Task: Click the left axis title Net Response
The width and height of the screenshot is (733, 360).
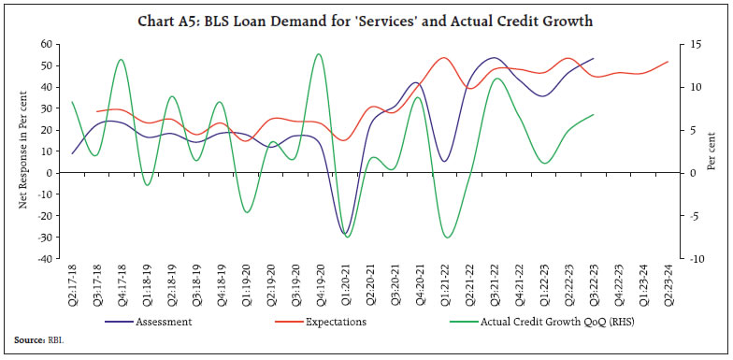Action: point(24,151)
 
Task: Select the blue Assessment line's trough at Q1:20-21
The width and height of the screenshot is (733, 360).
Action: point(344,233)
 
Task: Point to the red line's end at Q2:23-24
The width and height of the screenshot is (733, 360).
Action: point(668,62)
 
